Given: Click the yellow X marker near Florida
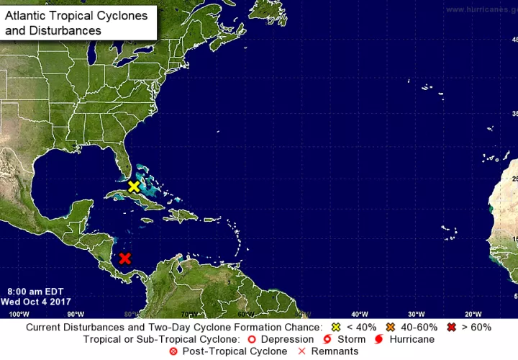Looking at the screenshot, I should pyautogui.click(x=133, y=186).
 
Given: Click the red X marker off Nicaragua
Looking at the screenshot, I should pyautogui.click(x=125, y=258).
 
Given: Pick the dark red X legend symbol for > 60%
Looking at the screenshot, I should pyautogui.click(x=452, y=328).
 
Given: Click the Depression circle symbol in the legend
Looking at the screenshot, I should pyautogui.click(x=251, y=339).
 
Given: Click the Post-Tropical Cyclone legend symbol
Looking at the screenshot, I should pyautogui.click(x=173, y=351).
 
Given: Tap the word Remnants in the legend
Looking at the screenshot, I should pyautogui.click(x=332, y=351).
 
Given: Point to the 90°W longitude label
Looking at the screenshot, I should pyautogui.click(x=75, y=314).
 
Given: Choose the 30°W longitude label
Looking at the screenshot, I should pyautogui.click(x=416, y=314).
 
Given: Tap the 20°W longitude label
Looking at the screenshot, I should pyautogui.click(x=473, y=314).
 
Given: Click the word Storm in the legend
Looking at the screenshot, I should pyautogui.click(x=350, y=339).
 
